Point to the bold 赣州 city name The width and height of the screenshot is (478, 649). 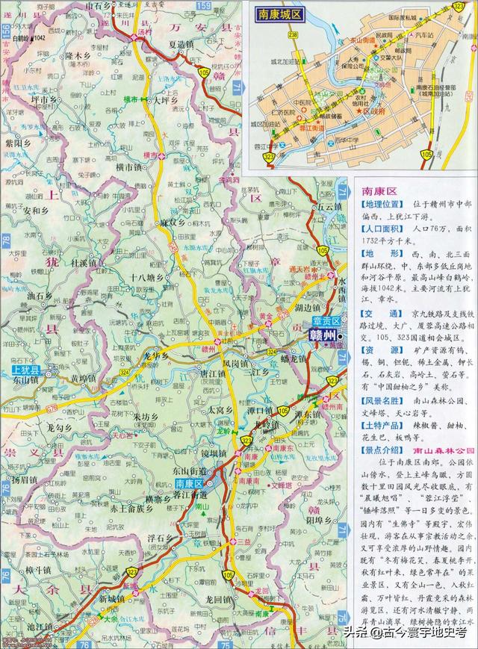click(322, 336)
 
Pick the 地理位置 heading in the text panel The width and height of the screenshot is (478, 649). click(382, 205)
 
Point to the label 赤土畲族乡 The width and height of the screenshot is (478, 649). click(132, 508)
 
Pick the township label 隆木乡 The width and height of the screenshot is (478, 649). click(78, 55)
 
